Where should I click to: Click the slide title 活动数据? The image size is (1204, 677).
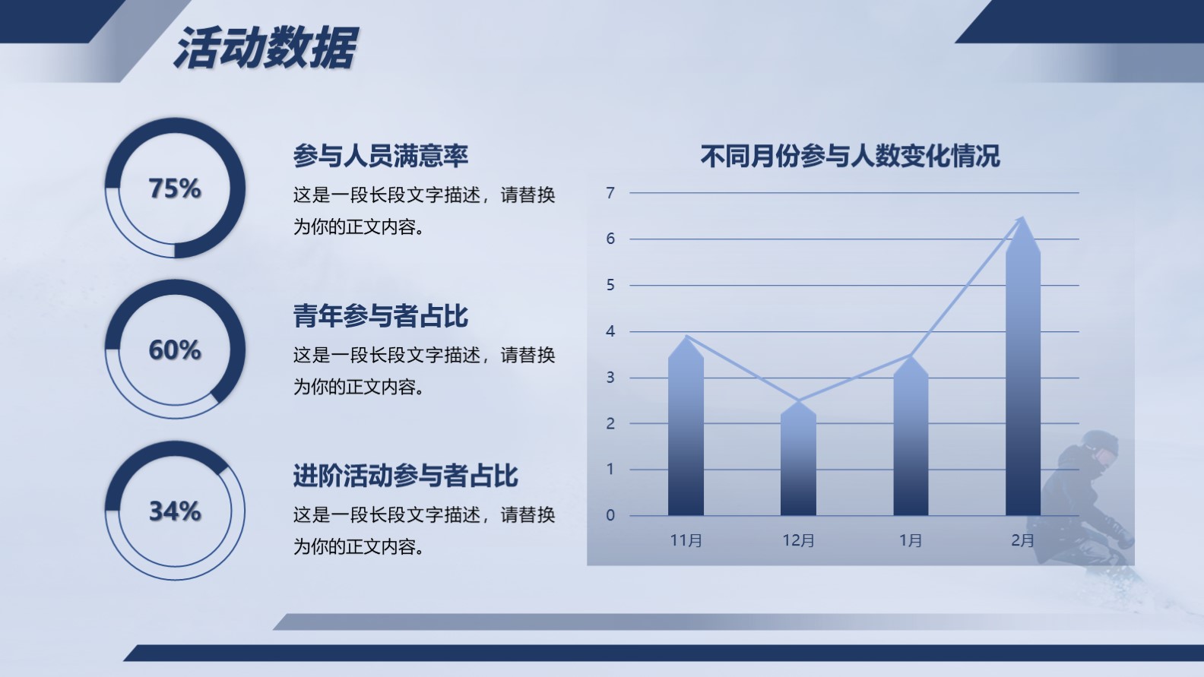265,48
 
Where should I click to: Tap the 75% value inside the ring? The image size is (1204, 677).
175,188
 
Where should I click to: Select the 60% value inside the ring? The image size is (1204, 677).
175,350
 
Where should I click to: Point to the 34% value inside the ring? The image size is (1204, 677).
175,511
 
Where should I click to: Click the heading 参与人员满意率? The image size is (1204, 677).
381,156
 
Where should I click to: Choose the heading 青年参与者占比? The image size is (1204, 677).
381,316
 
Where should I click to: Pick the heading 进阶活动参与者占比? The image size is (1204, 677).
405,476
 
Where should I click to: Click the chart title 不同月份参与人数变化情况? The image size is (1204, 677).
850,156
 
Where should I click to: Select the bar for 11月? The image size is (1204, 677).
686,426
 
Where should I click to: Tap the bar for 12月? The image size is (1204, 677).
798,458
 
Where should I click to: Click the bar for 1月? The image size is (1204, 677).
911,435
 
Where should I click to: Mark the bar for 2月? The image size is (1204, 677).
1023,366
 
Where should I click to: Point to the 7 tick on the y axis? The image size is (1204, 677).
610,193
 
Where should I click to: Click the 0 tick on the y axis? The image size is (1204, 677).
610,515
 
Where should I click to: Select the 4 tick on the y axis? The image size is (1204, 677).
610,331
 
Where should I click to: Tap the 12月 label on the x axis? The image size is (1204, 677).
798,540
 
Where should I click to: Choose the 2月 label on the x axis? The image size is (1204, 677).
1023,540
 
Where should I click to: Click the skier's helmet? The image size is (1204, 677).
1100,444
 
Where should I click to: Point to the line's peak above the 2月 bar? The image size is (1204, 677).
1022,217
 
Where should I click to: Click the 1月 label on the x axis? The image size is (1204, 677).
911,540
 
